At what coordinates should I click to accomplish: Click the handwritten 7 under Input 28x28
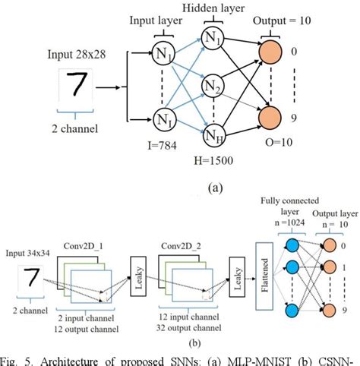tap(78, 87)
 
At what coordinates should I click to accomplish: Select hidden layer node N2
tap(212, 87)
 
